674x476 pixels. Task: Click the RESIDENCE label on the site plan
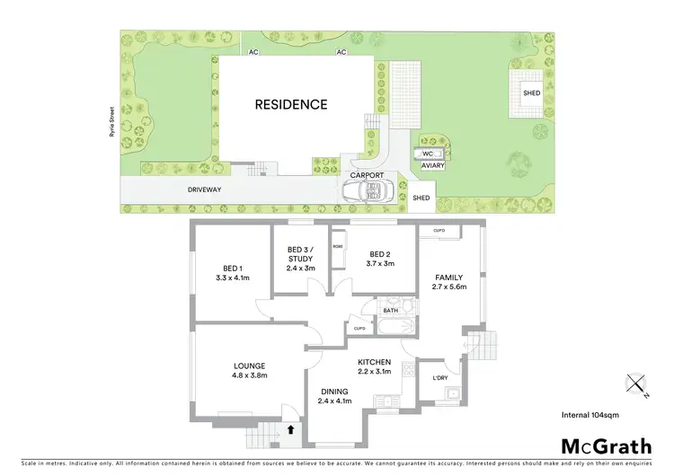coord(291,104)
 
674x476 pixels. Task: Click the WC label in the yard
coord(428,154)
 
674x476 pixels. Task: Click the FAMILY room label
coord(449,278)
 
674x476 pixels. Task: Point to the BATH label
coord(389,311)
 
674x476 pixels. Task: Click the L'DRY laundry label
coord(439,378)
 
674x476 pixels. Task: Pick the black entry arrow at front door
coord(290,430)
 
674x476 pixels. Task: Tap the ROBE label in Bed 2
coord(338,245)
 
